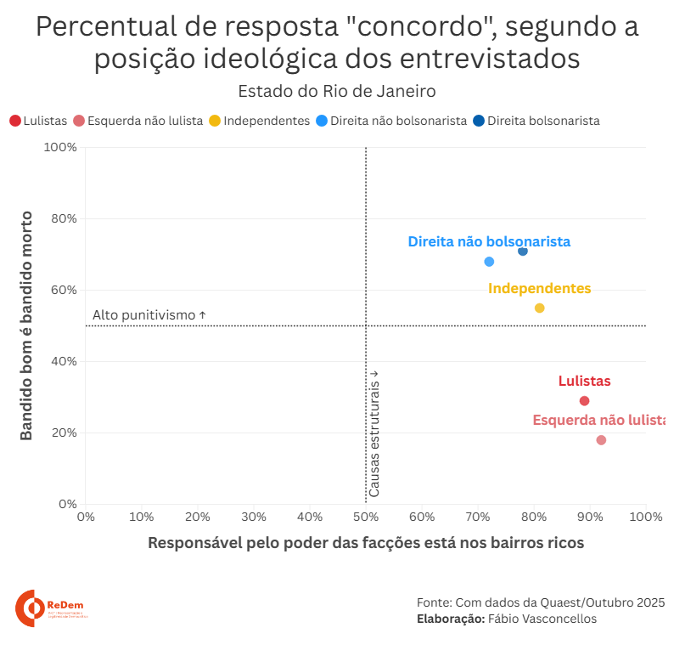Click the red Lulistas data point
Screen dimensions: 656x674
pos(584,401)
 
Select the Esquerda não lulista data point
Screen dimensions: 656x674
pos(601,440)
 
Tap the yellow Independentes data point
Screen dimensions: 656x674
pos(539,308)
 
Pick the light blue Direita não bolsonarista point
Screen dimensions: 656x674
pos(489,262)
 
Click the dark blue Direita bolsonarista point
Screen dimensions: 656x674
pos(523,251)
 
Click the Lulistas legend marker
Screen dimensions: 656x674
pos(15,121)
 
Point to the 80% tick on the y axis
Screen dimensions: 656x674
pos(65,218)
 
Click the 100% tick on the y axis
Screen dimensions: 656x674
pos(61,147)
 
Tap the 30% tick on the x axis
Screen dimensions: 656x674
pos(254,516)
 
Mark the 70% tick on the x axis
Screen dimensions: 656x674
pos(478,516)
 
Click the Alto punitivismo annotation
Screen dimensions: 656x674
pos(149,315)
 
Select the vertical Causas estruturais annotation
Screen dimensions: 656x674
pos(374,433)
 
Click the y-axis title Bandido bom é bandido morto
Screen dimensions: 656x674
pos(26,325)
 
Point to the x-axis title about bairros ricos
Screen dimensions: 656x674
pos(366,543)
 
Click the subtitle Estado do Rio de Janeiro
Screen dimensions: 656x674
pos(336,91)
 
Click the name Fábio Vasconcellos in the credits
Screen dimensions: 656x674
pos(542,619)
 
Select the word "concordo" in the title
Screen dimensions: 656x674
pos(418,27)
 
